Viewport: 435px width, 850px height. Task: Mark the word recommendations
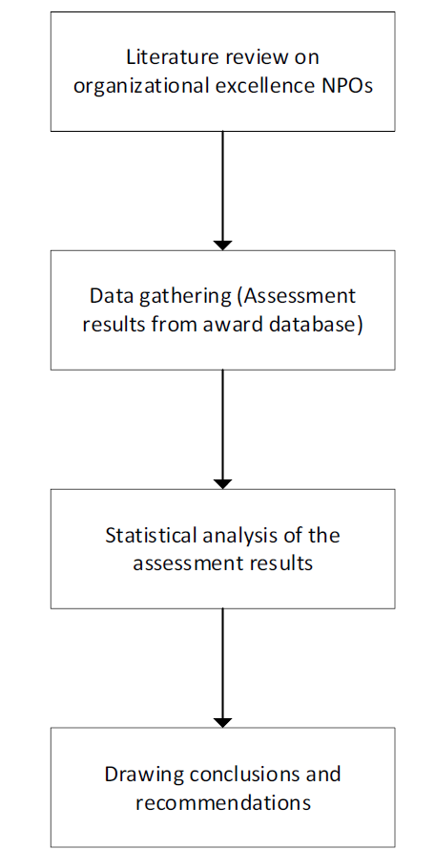[x=222, y=801]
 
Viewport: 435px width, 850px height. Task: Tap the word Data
[x=106, y=296]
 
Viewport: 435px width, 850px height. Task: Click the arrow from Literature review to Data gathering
[x=222, y=190]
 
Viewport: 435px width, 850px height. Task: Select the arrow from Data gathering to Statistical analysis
[x=222, y=430]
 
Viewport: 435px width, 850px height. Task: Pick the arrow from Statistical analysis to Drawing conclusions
[x=222, y=668]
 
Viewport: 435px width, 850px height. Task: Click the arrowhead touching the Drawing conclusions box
[x=222, y=723]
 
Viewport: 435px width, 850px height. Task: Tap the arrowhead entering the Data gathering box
[x=222, y=245]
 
